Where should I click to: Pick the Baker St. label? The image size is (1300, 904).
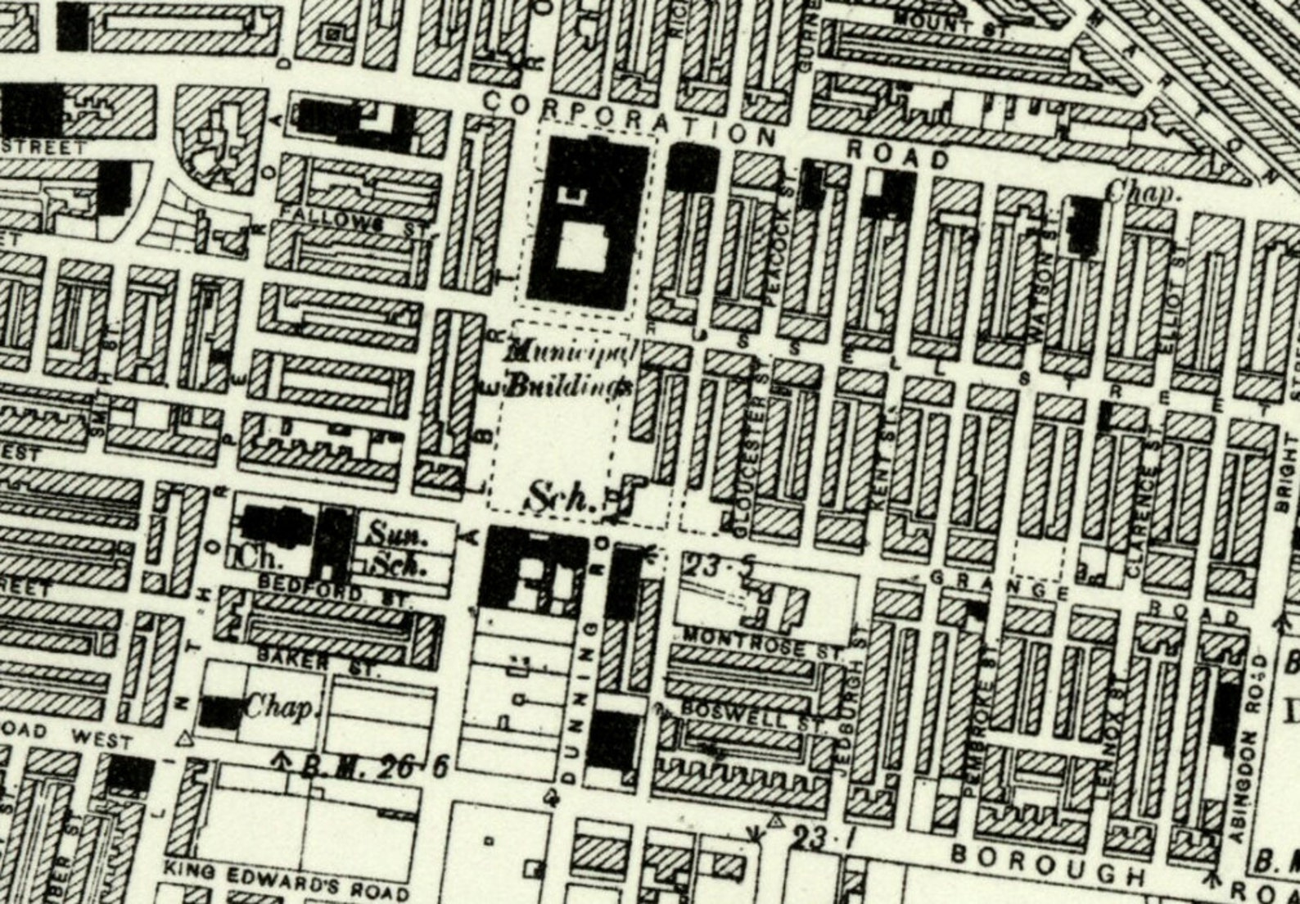pos(319,660)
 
